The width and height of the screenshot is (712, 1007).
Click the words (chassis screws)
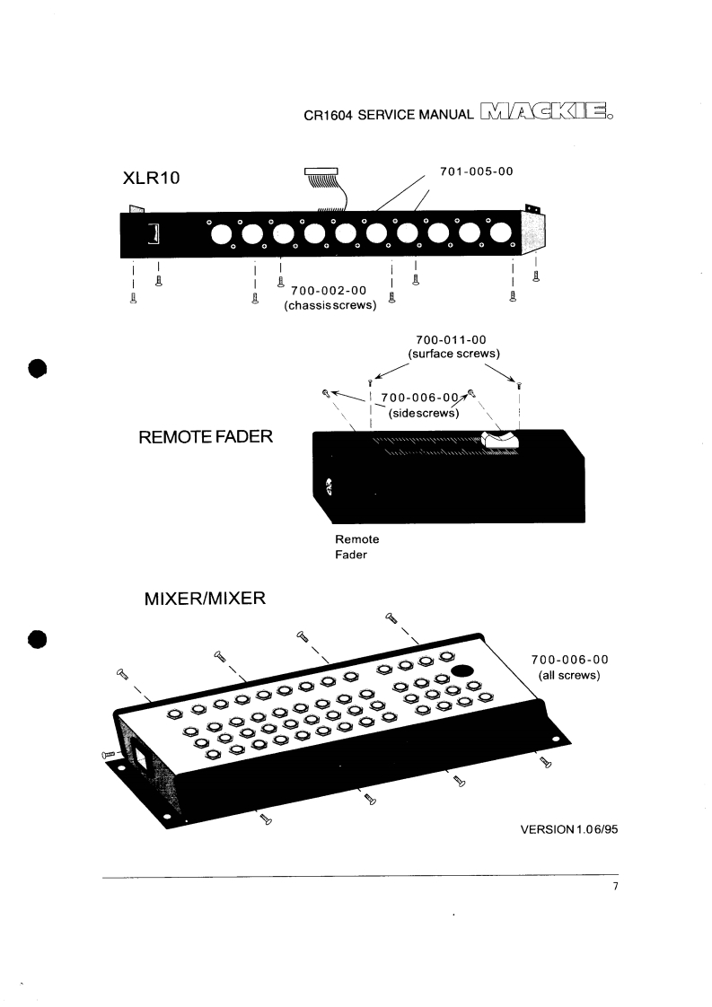click(329, 306)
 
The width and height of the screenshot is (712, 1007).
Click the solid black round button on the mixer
click(463, 670)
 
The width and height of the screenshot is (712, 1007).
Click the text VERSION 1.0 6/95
click(569, 829)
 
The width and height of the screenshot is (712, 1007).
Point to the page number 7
click(615, 889)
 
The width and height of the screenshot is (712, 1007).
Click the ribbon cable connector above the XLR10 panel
click(321, 171)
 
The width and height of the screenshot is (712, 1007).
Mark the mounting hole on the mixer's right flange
click(556, 740)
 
